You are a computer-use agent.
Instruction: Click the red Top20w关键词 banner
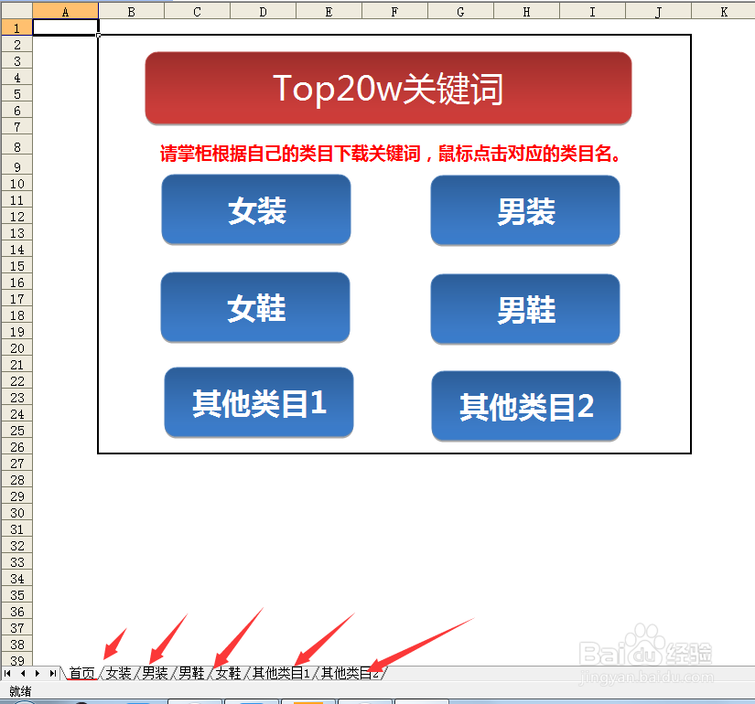tap(388, 88)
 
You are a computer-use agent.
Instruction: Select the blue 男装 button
tap(525, 210)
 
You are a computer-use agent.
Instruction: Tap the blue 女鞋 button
tap(255, 307)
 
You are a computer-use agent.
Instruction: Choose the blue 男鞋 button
tap(525, 309)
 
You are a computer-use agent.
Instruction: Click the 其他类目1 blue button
tap(259, 402)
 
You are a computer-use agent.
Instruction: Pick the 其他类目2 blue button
tap(526, 406)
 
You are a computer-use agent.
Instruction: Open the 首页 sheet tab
tap(81, 673)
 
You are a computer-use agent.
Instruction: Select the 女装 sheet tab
tap(118, 673)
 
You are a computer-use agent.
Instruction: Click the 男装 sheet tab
tap(155, 673)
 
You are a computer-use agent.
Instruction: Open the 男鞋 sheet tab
tap(191, 673)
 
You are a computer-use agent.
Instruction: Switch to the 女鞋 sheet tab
tap(228, 673)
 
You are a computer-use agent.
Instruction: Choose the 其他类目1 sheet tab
tap(281, 673)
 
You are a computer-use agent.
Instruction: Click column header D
tap(263, 12)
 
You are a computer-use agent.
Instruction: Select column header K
tap(723, 12)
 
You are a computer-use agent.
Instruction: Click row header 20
tap(16, 348)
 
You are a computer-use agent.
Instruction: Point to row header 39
tap(16, 660)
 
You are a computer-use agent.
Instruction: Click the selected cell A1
tap(66, 27)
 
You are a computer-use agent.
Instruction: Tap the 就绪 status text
tap(20, 691)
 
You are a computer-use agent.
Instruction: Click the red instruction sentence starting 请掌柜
tap(390, 154)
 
